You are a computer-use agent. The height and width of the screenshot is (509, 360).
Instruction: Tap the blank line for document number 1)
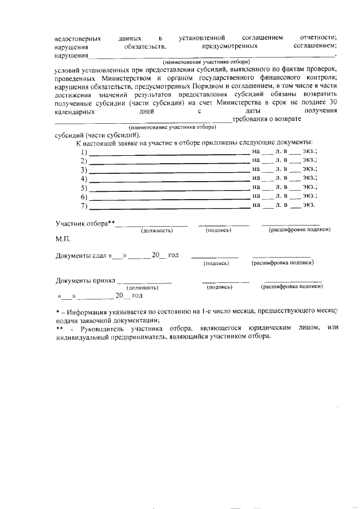point(169,152)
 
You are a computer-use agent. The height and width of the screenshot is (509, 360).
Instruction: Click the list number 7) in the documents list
point(84,206)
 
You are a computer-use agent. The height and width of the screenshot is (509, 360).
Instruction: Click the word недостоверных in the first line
point(78,39)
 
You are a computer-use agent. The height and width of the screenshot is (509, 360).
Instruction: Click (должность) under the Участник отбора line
point(156,231)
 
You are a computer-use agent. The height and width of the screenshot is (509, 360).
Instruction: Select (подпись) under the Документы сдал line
point(215,263)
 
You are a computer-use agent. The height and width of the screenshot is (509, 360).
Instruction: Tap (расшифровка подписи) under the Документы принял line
point(292,287)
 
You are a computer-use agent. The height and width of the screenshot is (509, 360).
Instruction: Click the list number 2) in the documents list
point(84,161)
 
